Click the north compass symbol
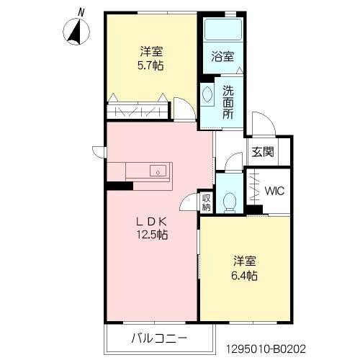point(76,32)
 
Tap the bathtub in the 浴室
point(222,30)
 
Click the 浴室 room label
point(222,57)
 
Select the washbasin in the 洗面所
point(207,94)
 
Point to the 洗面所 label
point(228,102)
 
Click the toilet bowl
point(230,203)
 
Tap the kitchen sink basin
point(158,171)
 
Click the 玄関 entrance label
point(263,152)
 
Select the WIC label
point(274,191)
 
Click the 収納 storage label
point(206,202)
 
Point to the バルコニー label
point(159,338)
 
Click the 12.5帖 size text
point(152,235)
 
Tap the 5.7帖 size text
point(150,66)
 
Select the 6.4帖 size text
point(244,276)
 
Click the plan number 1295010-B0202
point(266,348)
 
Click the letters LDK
point(151,222)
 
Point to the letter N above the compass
point(81,12)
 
